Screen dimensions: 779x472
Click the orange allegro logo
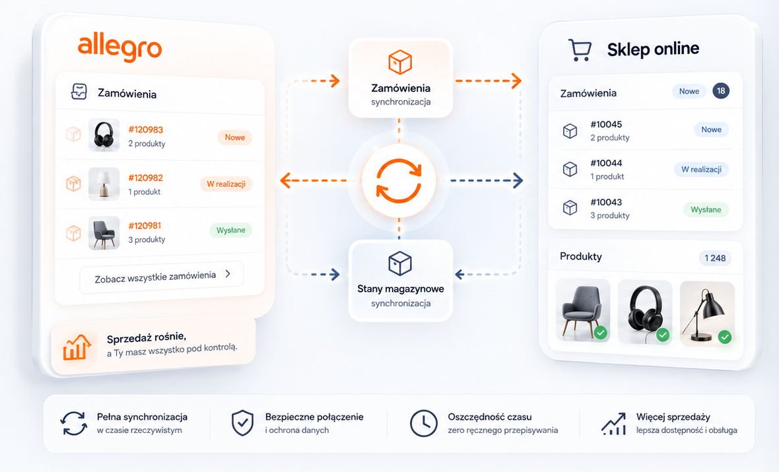click(119, 48)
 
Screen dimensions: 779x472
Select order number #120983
click(145, 129)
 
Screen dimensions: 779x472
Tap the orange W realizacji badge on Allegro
click(226, 184)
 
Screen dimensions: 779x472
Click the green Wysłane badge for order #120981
click(230, 230)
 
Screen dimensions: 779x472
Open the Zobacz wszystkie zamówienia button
click(162, 276)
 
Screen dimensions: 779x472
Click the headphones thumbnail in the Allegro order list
click(104, 135)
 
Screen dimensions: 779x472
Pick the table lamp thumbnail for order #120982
click(104, 184)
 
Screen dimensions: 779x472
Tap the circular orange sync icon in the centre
click(399, 181)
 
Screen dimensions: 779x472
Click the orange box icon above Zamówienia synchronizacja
click(400, 63)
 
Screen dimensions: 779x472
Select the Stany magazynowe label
click(401, 288)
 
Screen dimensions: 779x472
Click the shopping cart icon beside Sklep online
click(580, 50)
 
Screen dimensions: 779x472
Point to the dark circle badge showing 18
click(721, 91)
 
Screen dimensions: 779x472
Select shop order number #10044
click(606, 163)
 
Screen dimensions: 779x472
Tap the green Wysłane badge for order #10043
click(706, 210)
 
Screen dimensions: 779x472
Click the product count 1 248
click(715, 258)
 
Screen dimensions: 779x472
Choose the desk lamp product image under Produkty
click(707, 313)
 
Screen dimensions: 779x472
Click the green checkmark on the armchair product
click(601, 333)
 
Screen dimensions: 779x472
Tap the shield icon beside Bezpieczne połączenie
click(242, 423)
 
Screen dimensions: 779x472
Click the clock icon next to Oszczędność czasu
click(424, 423)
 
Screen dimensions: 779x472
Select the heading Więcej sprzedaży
click(673, 417)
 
